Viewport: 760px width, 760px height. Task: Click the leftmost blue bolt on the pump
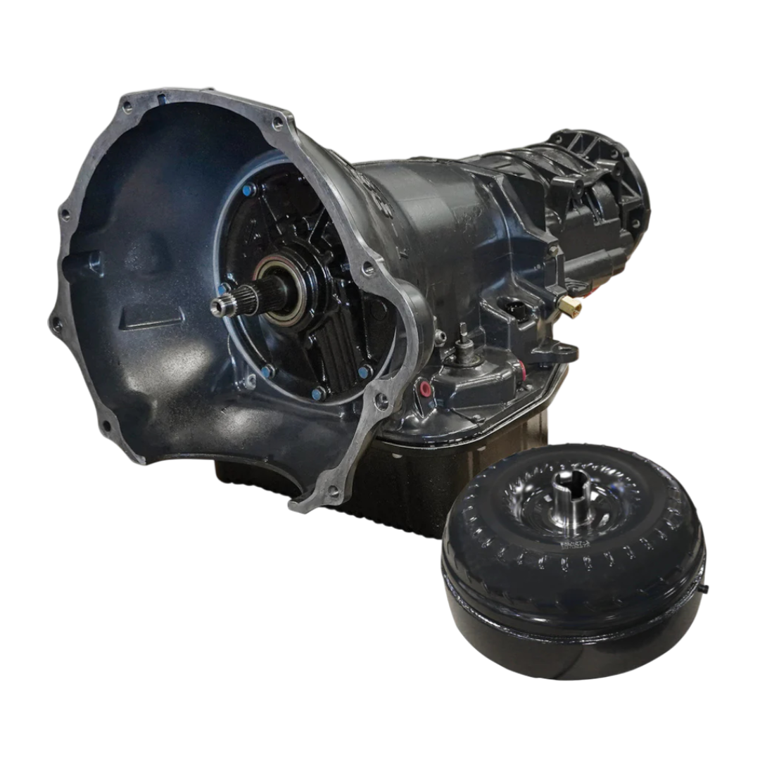(222, 289)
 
